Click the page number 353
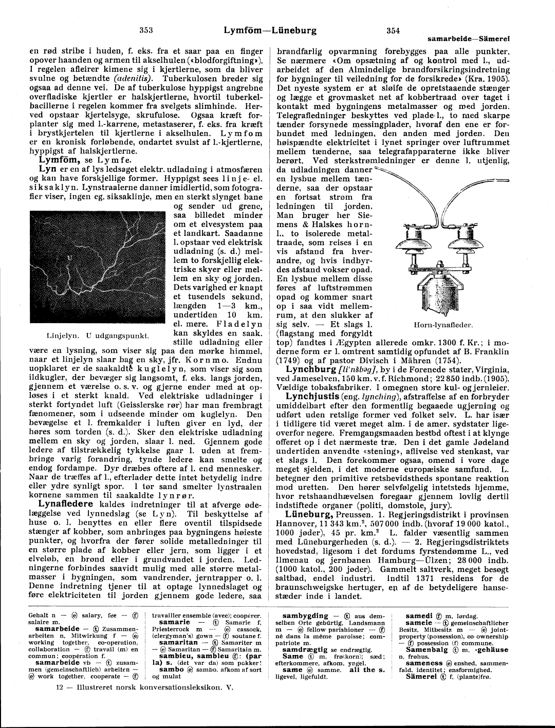[x=147, y=30]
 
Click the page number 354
[x=393, y=30]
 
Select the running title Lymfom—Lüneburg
[x=270, y=30]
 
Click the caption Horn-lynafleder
[x=443, y=325]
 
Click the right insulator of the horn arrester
[x=463, y=237]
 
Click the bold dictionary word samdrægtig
[x=305, y=649]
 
